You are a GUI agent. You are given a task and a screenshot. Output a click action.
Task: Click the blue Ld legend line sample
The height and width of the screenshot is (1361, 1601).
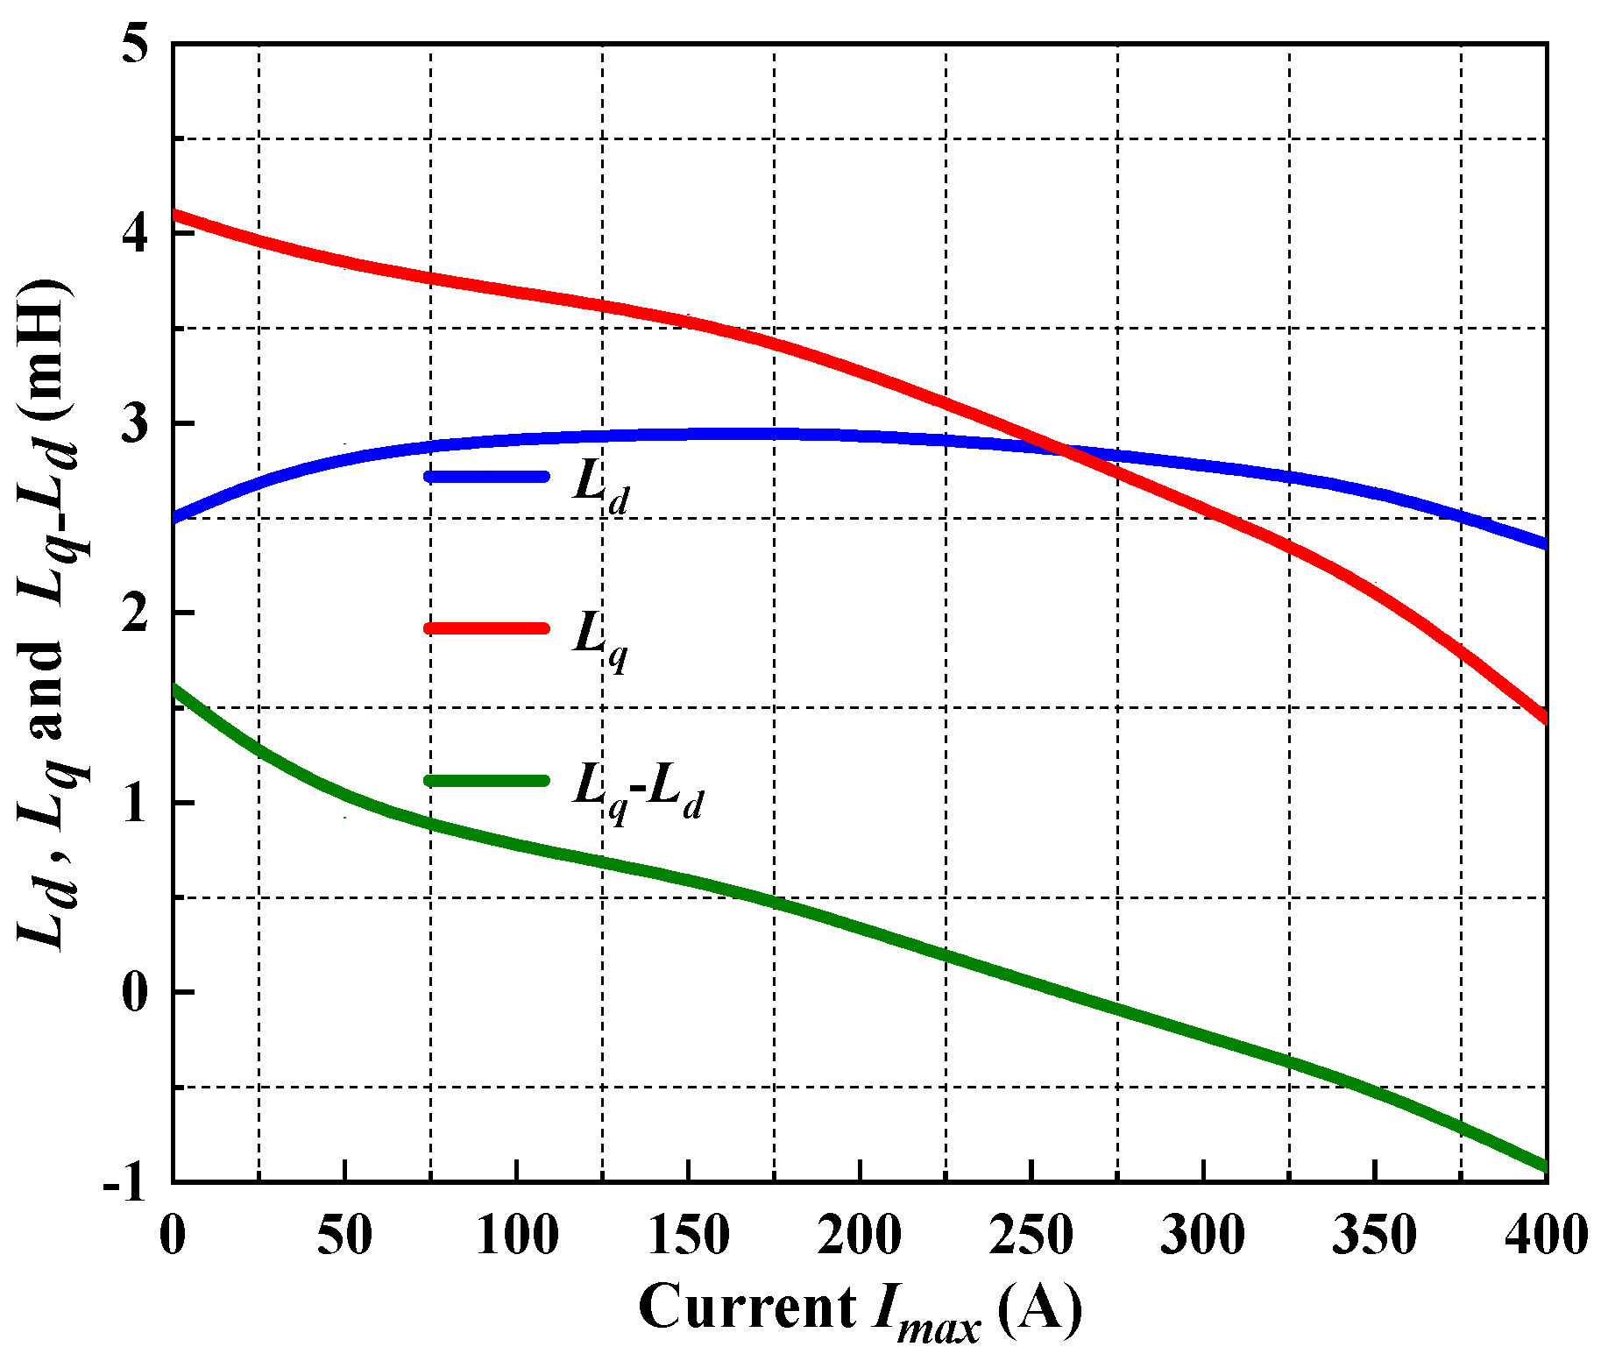pos(486,477)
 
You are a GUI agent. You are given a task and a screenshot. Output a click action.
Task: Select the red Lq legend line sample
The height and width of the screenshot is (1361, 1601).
pos(486,628)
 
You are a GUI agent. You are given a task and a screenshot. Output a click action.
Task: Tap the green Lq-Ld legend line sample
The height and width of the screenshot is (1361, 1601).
pos(486,781)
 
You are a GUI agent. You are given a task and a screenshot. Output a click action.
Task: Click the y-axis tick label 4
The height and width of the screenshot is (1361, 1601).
pos(136,234)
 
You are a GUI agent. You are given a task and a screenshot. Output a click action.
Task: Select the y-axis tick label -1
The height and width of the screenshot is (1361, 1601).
pos(124,1183)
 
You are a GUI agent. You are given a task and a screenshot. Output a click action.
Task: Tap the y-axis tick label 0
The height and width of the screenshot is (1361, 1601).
pos(136,993)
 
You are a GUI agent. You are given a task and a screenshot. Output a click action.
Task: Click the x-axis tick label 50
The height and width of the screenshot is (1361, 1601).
pos(344,1236)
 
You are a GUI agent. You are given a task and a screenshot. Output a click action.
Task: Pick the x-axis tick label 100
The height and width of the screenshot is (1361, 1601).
pos(517,1236)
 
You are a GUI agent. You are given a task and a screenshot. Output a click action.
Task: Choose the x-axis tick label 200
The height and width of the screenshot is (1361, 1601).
pos(861,1236)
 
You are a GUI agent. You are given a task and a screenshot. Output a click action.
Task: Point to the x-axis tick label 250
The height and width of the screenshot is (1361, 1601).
pos(1031,1236)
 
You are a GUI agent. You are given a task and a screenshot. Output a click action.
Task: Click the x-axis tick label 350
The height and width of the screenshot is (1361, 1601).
pos(1375,1236)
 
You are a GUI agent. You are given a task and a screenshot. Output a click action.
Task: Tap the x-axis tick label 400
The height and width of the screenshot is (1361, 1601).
pos(1546,1236)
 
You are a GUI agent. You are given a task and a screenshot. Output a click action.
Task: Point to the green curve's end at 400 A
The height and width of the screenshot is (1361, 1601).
pos(1545,1166)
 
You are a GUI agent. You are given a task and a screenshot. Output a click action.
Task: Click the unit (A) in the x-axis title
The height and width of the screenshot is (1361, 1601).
pos(1039,1309)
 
